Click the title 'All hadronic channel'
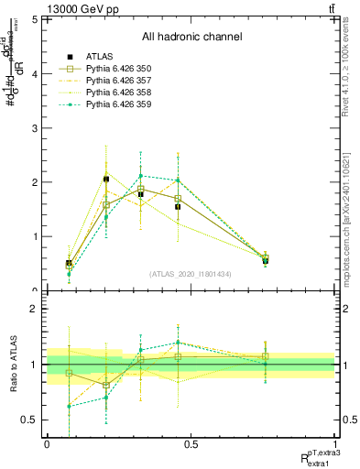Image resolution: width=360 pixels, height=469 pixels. click(x=191, y=37)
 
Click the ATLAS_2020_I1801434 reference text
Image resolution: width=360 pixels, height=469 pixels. click(x=191, y=273)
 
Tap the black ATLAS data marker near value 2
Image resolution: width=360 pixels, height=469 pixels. click(x=106, y=179)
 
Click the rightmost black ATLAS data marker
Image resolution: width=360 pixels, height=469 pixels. click(x=265, y=261)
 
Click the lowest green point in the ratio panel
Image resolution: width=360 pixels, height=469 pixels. click(x=69, y=406)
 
